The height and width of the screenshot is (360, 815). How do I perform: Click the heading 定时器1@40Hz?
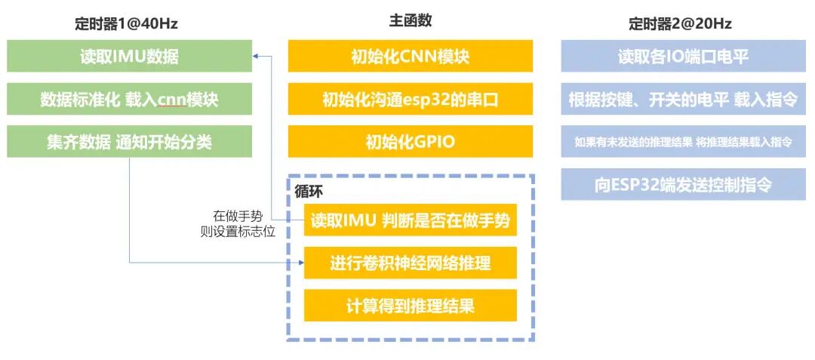tap(129, 23)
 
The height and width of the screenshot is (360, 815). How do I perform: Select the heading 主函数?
tap(411, 21)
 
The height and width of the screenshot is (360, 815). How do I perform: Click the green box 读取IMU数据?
tap(129, 57)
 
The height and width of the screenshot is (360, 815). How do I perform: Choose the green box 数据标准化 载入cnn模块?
tap(129, 99)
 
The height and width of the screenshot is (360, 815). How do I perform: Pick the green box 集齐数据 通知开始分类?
tap(129, 141)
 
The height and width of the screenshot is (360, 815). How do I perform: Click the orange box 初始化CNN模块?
tap(411, 57)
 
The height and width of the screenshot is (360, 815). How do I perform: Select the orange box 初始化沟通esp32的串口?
tap(411, 99)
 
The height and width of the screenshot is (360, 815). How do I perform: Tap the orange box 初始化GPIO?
tap(411, 141)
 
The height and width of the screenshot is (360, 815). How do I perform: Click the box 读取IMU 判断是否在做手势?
tap(411, 221)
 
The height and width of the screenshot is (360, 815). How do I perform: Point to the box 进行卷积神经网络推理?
tap(411, 263)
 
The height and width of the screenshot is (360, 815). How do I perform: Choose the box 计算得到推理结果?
tap(411, 306)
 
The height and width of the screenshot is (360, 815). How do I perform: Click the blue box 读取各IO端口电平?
tap(683, 57)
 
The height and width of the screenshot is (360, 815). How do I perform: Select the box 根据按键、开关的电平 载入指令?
tap(683, 99)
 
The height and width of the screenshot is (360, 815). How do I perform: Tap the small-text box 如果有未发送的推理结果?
tap(683, 141)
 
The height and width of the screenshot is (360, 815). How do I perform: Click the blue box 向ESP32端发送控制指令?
tap(683, 184)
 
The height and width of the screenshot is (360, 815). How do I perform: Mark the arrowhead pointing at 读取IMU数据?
tap(257, 57)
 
